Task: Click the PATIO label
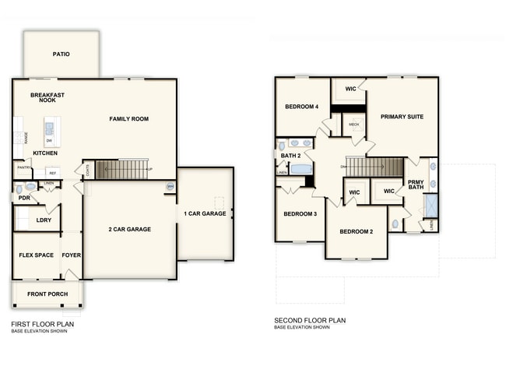tap(61, 55)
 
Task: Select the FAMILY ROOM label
tap(128, 119)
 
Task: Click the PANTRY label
tap(23, 167)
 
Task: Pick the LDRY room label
tap(44, 220)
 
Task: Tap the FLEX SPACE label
tap(36, 255)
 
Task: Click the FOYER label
tap(72, 255)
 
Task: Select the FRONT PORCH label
tap(47, 294)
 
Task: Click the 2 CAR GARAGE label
tap(129, 229)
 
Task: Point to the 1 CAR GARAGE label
tap(205, 213)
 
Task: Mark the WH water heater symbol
tap(170, 186)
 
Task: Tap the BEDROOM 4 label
tap(301, 107)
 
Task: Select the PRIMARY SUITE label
tap(402, 116)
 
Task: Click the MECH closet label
tap(353, 125)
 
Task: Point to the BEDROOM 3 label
tap(300, 213)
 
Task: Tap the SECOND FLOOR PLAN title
tap(310, 320)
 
